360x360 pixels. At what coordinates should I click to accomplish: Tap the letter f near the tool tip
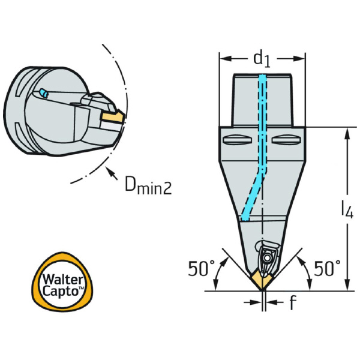click(292, 304)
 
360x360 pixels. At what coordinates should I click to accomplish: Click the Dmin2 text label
click(148, 187)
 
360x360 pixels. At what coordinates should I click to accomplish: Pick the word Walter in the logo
click(58, 279)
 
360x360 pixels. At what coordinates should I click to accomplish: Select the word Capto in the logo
click(58, 292)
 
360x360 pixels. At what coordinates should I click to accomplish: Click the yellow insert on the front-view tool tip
click(263, 278)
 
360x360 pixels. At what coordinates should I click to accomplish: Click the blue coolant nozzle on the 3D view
click(43, 93)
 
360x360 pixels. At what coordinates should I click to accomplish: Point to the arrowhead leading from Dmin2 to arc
click(110, 174)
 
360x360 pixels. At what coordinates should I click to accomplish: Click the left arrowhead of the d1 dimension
click(223, 59)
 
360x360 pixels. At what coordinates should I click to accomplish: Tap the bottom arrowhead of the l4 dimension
click(346, 286)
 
